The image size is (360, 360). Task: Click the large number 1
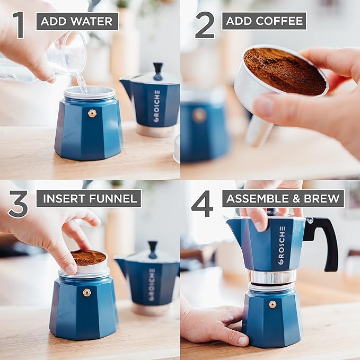19,25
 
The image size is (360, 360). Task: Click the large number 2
205,25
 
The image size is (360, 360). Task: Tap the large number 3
18,205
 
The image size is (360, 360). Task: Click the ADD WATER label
77,21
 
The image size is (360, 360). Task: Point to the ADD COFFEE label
264,21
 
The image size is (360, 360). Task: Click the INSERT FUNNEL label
89,199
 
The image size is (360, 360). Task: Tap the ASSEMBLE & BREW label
283,199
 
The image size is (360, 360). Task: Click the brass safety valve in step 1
92,113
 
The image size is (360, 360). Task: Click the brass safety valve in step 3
86,292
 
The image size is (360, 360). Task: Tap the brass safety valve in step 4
273,304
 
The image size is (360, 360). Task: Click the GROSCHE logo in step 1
156,106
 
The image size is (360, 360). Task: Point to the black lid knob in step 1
158,70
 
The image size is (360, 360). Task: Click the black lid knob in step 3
153,248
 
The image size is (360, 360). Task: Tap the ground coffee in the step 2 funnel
284,71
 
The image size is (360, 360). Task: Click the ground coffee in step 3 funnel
89,258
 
